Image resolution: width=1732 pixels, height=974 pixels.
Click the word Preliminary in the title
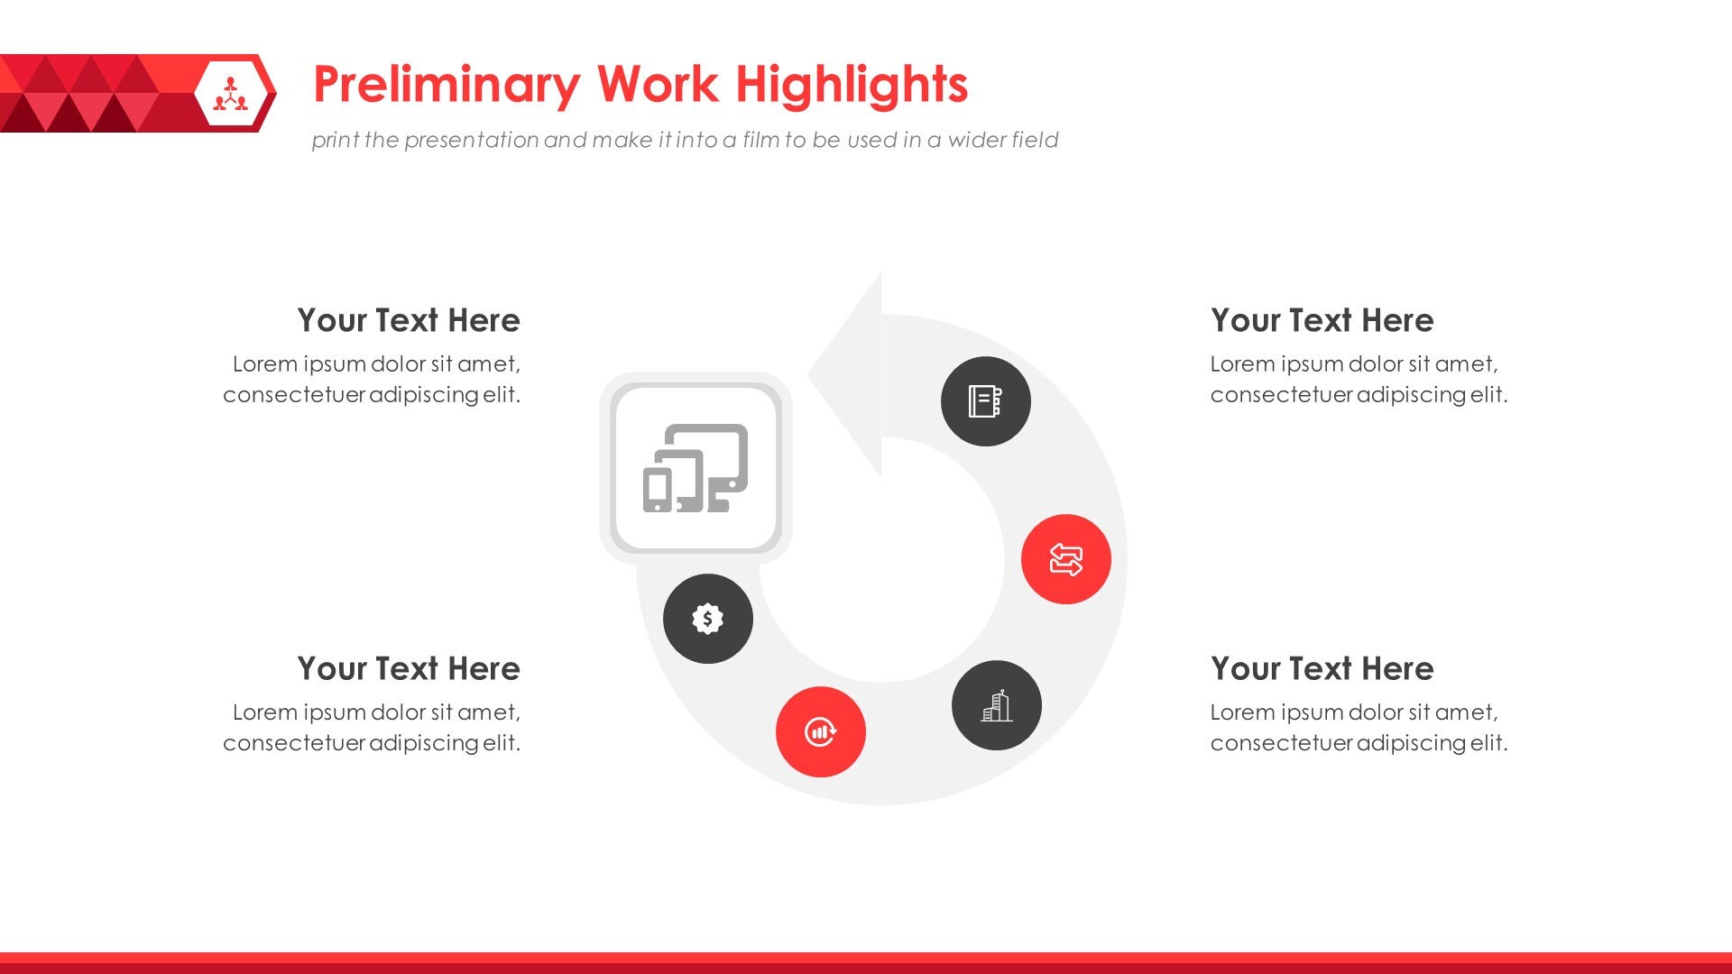coord(447,86)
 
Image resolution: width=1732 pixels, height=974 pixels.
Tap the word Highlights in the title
coord(851,86)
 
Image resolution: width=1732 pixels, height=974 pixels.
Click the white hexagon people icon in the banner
coord(231,94)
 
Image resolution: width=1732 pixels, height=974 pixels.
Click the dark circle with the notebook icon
coord(985,401)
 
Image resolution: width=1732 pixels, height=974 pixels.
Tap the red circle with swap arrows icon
coord(1065,559)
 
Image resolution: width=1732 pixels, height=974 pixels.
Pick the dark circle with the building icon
coord(996,705)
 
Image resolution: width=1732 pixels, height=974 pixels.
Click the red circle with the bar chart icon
coord(820,731)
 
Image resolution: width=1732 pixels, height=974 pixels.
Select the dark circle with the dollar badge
coord(707,619)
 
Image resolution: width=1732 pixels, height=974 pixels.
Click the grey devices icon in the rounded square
coord(696,468)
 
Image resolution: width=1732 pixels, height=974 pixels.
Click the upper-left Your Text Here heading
coord(408,321)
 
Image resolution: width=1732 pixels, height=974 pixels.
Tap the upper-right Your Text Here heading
coord(1322,321)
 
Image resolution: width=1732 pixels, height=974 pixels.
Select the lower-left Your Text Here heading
coord(408,669)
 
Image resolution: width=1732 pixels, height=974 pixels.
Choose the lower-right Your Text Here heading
coord(1322,669)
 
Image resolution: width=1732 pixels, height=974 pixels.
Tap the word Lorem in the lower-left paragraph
coord(264,712)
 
